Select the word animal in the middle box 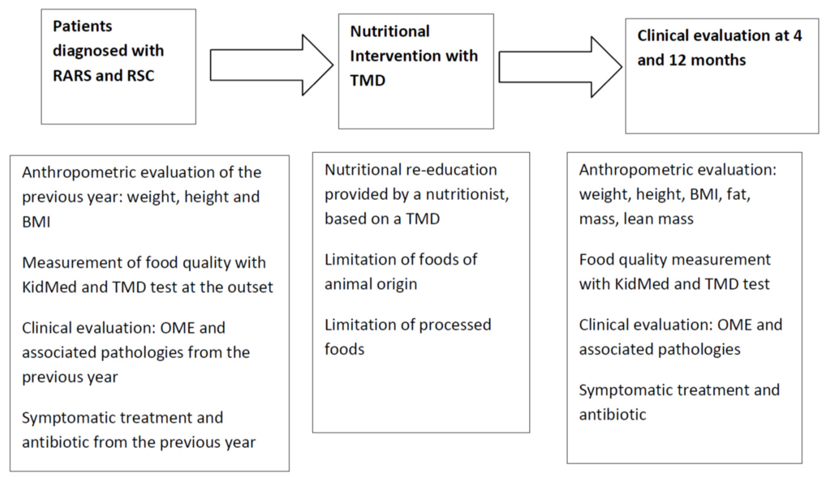pos(348,284)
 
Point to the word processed pos(455,325)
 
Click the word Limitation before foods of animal pos(360,260)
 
